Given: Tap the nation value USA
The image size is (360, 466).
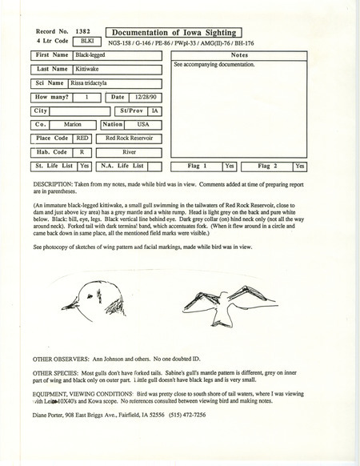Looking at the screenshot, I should (142, 125).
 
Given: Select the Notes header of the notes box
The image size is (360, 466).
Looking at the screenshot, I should (239, 55).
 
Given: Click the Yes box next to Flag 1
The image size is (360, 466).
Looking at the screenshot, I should (229, 167).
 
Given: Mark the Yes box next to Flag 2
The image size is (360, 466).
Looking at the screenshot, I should (298, 167).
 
